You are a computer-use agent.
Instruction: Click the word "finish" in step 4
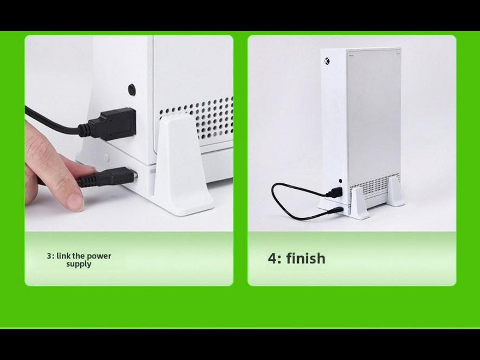coord(306,259)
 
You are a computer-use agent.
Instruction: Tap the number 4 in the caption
coord(272,259)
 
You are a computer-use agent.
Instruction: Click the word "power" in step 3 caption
coord(99,256)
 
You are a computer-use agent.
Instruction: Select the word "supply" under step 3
coord(79,264)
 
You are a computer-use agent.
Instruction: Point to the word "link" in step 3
coord(63,256)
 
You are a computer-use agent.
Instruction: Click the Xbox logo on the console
coord(327,61)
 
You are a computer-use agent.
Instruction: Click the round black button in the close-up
coord(132,90)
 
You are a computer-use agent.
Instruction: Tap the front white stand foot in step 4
coord(359,203)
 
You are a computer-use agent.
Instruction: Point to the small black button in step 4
coord(341,182)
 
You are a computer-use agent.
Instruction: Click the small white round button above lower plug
coord(106,158)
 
